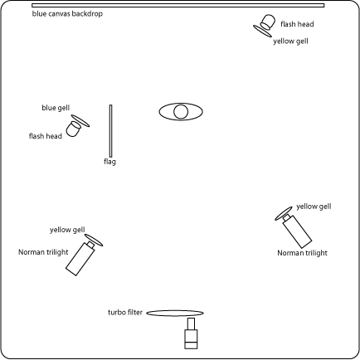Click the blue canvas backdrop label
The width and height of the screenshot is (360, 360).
coord(67,13)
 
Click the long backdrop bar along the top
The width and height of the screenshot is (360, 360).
coord(178,5)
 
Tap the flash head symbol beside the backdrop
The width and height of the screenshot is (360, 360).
coord(268,22)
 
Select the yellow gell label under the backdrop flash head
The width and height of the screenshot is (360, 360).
coord(290,41)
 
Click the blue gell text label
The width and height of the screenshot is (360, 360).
coord(56,108)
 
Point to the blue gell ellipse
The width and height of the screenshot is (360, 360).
coord(80,121)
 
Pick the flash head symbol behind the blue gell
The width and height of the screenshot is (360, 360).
coord(73,129)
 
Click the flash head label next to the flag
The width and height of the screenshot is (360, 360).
coord(46,136)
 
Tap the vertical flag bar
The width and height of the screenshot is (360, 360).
coord(110,131)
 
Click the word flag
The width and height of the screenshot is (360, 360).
coord(109,162)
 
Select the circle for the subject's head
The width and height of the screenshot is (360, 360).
coord(181,112)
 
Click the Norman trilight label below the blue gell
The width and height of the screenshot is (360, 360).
coord(43,252)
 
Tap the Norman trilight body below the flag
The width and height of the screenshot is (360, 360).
coord(80,258)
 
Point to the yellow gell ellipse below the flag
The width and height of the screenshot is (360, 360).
coord(94,240)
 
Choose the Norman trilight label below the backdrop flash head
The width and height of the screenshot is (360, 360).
coord(302,253)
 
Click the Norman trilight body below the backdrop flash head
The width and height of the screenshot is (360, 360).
coord(297,231)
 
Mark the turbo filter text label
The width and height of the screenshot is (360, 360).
coord(125,313)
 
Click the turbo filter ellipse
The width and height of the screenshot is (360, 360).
coord(175,313)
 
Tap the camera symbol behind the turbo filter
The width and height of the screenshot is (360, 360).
coord(191,333)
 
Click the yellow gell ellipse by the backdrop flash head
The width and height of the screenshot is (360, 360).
coord(262,31)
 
